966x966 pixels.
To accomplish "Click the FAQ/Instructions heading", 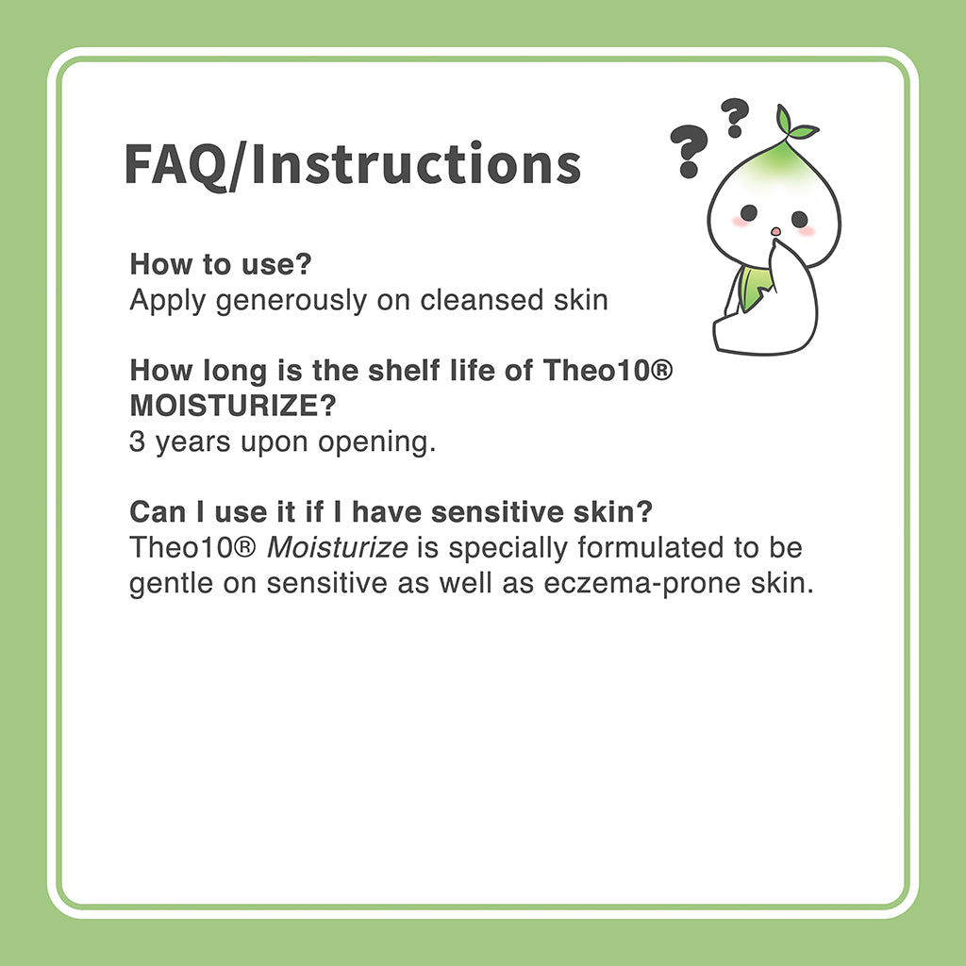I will [x=352, y=164].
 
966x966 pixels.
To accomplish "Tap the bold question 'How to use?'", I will [x=221, y=264].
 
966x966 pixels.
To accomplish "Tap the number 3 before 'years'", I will [x=137, y=442].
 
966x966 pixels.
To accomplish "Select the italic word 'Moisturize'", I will [x=337, y=548].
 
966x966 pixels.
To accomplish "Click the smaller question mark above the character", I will [x=733, y=118].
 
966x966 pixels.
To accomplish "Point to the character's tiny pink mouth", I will [x=774, y=231].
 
